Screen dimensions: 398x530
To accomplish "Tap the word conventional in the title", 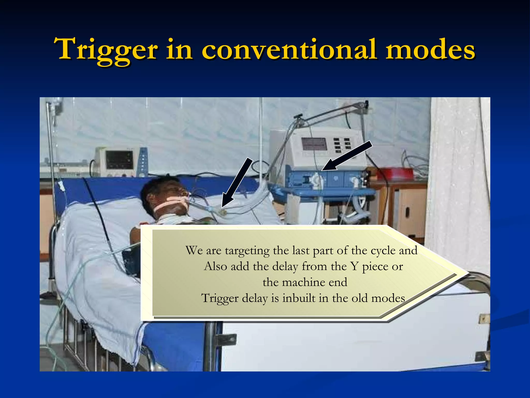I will (x=289, y=49).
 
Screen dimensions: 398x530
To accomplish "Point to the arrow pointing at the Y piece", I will (x=237, y=183).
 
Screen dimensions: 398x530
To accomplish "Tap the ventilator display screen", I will (x=314, y=144).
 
